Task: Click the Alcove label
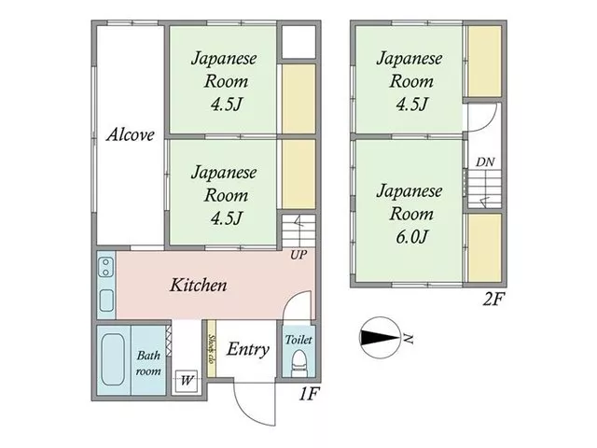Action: click(131, 134)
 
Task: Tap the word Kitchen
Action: click(198, 285)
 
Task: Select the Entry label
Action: click(248, 349)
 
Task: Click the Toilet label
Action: click(298, 339)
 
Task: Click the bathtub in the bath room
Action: click(113, 360)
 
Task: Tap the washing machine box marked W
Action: click(187, 380)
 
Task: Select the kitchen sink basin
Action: click(106, 301)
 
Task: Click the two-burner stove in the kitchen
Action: click(105, 267)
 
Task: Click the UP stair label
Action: click(298, 255)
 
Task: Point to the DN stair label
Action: click(485, 162)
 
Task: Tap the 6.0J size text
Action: click(412, 237)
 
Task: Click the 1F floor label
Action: click(308, 394)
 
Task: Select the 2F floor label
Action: click(493, 299)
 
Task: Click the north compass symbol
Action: click(380, 338)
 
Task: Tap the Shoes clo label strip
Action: click(212, 348)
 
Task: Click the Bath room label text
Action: click(148, 363)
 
